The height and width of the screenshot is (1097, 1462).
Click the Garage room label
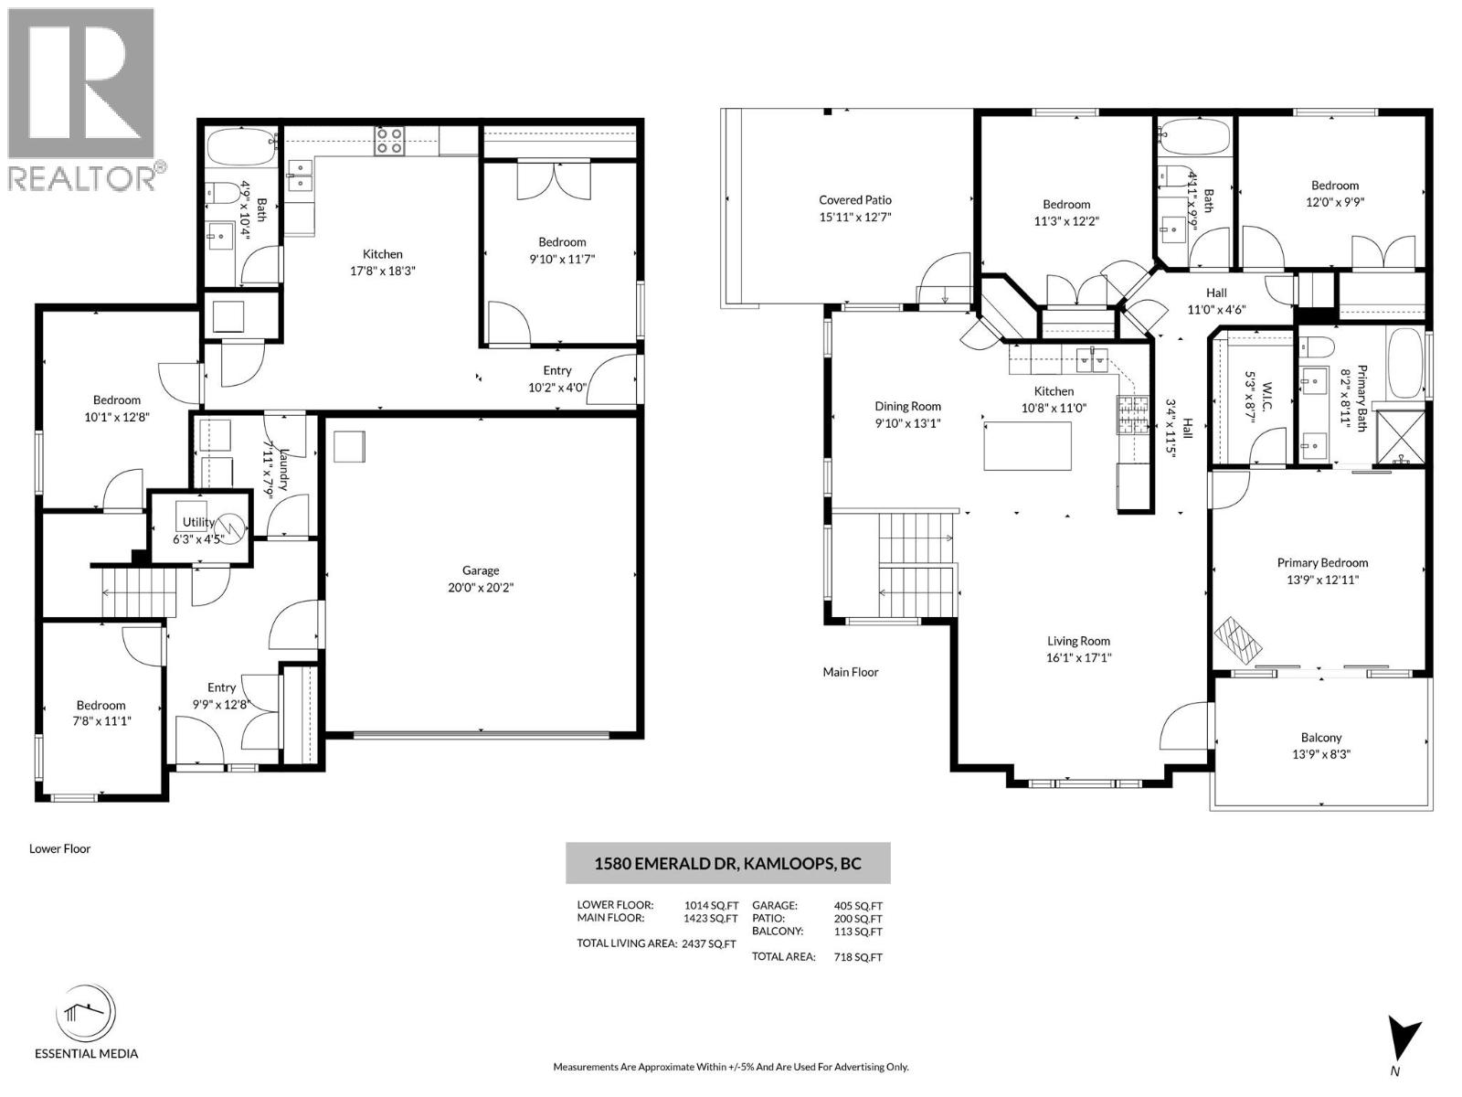click(x=481, y=570)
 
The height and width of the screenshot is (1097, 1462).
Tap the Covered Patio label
click(x=854, y=200)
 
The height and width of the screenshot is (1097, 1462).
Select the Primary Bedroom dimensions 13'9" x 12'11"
click(x=1322, y=580)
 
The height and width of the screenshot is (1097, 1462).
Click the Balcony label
click(x=1321, y=738)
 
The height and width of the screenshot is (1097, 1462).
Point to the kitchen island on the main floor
click(x=1027, y=446)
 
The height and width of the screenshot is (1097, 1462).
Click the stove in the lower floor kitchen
click(x=389, y=141)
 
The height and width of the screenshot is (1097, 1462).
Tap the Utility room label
click(x=197, y=523)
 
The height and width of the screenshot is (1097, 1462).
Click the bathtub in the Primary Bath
click(x=1405, y=363)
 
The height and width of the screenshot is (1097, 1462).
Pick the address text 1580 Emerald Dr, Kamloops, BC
click(x=727, y=863)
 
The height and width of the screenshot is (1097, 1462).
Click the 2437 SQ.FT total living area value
click(x=708, y=944)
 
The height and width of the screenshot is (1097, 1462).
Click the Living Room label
click(x=1078, y=642)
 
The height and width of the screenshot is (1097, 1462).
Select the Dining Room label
click(x=907, y=407)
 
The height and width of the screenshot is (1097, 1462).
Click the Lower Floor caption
click(x=60, y=848)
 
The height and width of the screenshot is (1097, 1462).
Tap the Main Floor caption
click(x=850, y=672)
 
